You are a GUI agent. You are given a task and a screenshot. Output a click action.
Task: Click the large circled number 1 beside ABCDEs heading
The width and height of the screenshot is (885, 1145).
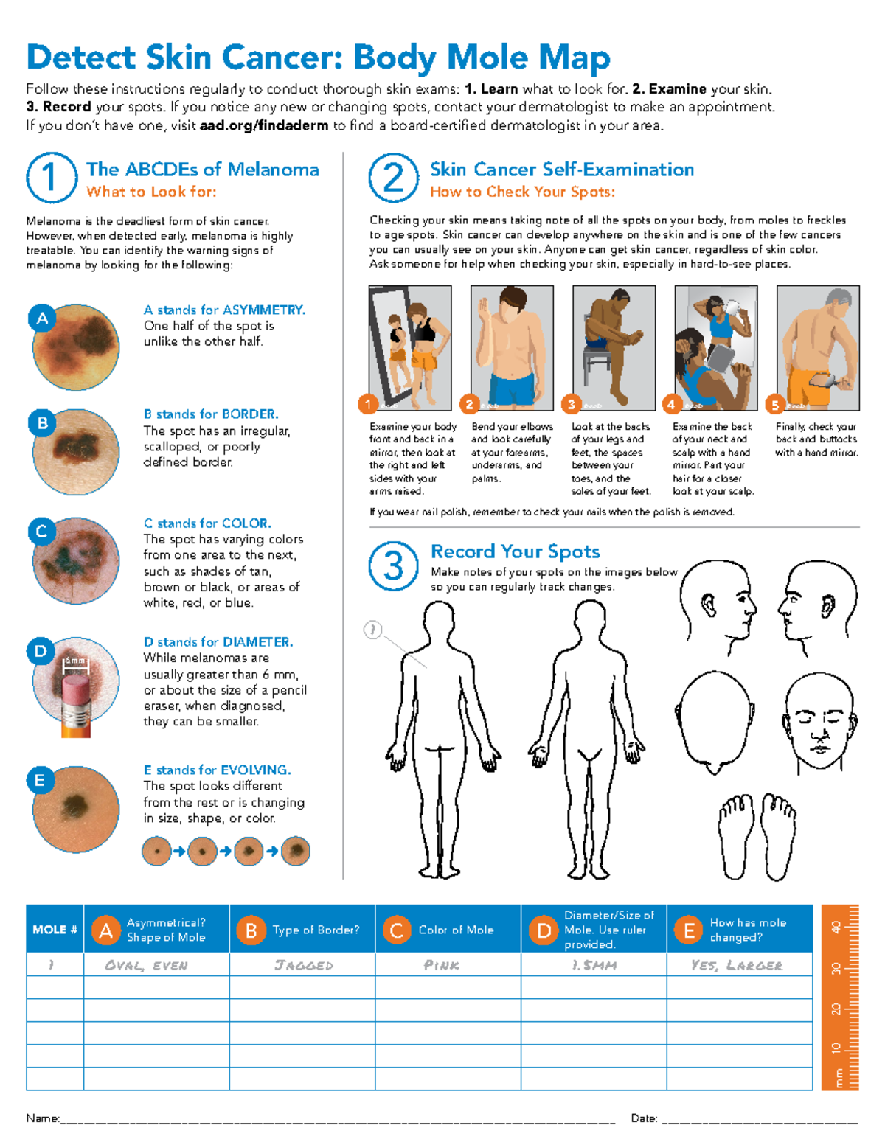[52, 178]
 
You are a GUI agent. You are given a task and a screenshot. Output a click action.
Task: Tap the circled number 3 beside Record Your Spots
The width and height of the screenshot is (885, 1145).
[394, 566]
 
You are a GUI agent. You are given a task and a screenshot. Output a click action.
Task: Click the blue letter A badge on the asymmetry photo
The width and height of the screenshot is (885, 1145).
[43, 319]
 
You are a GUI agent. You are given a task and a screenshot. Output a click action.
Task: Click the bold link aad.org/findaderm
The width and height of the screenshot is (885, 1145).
[264, 125]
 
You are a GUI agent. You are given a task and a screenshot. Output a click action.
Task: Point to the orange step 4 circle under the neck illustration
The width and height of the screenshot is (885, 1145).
[671, 404]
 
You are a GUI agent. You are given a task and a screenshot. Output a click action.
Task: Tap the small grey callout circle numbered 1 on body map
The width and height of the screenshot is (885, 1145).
[373, 630]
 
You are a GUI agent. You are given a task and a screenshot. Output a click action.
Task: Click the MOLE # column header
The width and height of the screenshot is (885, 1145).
[55, 930]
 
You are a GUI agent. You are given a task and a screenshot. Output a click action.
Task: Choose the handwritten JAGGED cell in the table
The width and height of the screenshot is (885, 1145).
[303, 965]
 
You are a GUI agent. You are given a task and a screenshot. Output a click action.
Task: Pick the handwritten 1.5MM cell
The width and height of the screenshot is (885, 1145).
[594, 965]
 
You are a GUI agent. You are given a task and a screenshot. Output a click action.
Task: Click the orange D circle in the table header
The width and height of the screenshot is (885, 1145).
[544, 930]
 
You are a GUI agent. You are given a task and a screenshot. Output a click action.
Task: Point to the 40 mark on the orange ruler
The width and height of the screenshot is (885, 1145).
[836, 927]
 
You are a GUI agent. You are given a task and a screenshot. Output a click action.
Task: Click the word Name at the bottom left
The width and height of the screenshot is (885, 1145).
[42, 1118]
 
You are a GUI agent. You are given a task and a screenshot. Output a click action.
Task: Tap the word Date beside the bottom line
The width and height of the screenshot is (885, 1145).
[644, 1118]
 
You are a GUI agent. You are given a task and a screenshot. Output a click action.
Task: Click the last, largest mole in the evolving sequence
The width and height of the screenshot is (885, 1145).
[296, 851]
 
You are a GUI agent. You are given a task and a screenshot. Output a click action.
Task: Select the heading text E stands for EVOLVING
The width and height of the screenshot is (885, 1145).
[217, 770]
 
